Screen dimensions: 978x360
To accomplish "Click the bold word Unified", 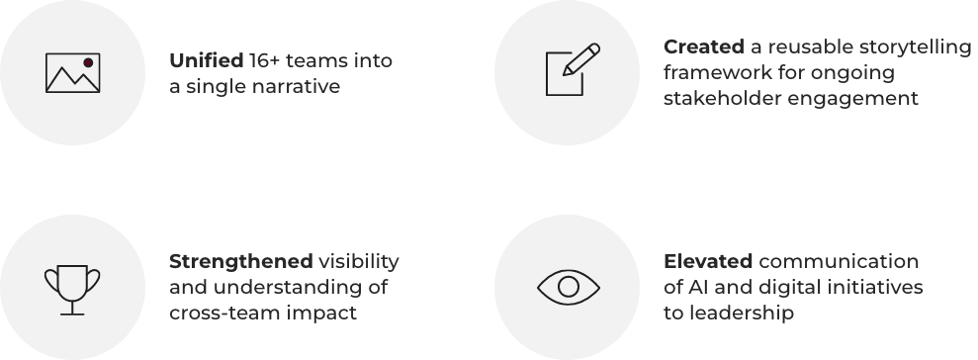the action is point(206,60).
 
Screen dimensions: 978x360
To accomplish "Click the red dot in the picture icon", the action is point(88,62).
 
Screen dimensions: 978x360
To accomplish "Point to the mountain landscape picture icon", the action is point(72,72).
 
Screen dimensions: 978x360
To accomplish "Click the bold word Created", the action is point(703,46).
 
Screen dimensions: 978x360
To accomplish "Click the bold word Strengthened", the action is point(240,261).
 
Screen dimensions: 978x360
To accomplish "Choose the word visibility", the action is point(359,261).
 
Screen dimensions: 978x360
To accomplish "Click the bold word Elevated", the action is point(708,261).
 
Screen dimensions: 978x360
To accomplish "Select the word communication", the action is point(839,261).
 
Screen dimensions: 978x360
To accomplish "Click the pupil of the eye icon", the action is point(569,287).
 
